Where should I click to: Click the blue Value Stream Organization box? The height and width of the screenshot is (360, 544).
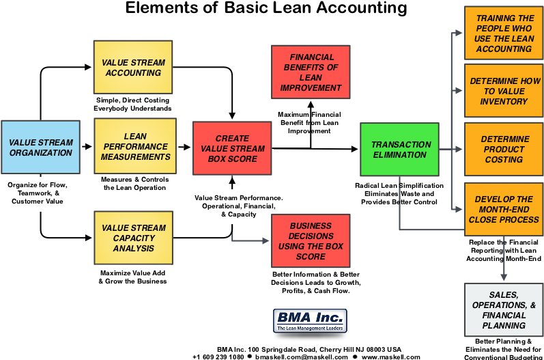pos(40,147)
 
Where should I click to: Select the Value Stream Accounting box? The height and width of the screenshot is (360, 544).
pos(133,67)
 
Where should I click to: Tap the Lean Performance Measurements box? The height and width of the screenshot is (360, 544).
pos(135,146)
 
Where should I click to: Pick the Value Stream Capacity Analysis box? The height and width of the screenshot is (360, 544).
pos(133,238)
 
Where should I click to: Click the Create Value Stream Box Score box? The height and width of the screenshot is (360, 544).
pos(232,148)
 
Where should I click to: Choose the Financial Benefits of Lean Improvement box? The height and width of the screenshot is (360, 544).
pos(311,72)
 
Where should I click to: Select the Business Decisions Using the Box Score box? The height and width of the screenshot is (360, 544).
pos(311,240)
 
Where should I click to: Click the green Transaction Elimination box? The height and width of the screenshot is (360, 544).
pos(399,150)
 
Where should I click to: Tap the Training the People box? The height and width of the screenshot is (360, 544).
pos(504,33)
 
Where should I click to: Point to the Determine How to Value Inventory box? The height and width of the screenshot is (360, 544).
pos(504,91)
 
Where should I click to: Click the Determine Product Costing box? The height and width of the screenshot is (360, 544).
pos(504,150)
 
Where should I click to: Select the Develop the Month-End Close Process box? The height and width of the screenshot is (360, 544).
pos(504,209)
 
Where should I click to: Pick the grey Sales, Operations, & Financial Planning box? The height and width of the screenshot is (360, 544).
pos(504,310)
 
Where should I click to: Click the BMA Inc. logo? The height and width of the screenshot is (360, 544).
pos(310,321)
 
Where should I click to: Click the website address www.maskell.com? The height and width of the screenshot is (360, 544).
pos(390,357)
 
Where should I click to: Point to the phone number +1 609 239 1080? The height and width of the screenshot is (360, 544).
pos(218,357)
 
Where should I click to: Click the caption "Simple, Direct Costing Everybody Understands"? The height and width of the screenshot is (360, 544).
pos(132,104)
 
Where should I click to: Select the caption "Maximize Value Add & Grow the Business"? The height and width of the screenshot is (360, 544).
pos(132,277)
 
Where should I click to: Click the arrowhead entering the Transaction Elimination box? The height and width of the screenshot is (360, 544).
pos(354,149)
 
